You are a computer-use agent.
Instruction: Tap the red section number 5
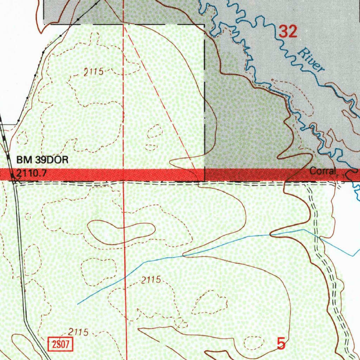pos(281,343)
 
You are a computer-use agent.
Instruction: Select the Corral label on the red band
pos(321,172)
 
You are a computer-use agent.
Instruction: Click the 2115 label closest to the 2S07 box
pos(78,332)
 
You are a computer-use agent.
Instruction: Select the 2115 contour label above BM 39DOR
pos(94,72)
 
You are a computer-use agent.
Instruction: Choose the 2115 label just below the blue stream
pos(151,280)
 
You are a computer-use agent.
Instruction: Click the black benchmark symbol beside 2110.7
pos(13,175)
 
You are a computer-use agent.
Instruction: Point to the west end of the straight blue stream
pos(78,303)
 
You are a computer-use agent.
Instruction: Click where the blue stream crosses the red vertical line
pos(125,277)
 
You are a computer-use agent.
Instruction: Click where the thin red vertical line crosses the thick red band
pos(124,175)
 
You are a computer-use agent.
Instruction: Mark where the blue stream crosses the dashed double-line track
pos(320,237)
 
